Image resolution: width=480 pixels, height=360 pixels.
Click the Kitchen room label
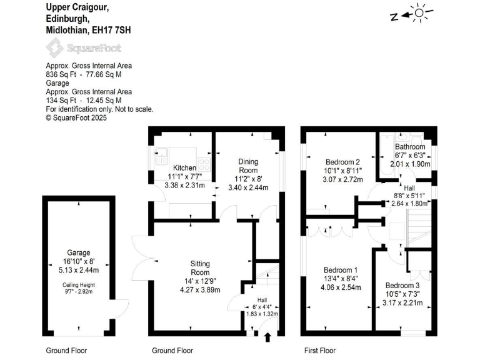tap(184, 167)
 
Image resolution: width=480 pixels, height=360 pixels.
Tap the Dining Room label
tap(248, 166)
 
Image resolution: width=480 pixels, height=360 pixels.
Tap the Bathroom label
tap(410, 147)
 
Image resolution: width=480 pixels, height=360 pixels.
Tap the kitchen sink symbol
tap(160, 150)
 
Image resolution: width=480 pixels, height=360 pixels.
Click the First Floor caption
tap(319, 351)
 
